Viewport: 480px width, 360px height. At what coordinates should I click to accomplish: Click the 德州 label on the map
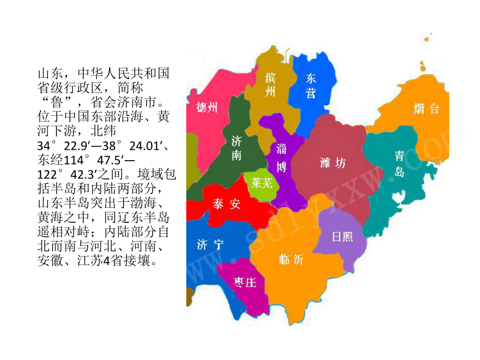click(x=207, y=108)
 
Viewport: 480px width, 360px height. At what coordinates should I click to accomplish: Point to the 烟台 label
click(x=426, y=109)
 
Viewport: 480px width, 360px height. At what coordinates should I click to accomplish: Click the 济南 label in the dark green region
click(x=236, y=148)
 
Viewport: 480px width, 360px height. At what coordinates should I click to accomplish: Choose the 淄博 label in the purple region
click(x=281, y=158)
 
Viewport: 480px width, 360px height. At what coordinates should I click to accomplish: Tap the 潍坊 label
click(x=333, y=163)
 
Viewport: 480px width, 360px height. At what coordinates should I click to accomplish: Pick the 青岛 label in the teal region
click(x=399, y=163)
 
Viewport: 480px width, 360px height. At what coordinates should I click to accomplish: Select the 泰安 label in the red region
click(x=226, y=204)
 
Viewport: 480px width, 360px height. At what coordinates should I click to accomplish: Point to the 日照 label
click(x=342, y=236)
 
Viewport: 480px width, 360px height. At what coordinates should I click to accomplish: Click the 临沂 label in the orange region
click(x=291, y=259)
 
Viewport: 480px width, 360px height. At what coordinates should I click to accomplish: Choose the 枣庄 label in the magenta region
click(x=245, y=282)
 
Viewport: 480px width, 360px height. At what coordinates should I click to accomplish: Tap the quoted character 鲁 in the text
click(x=56, y=100)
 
